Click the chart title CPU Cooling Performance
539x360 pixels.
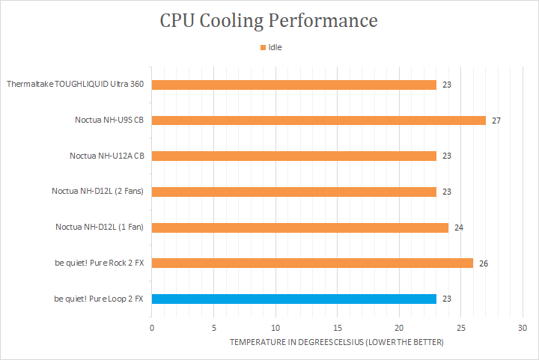pos(269,20)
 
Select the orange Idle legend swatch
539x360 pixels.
pos(263,47)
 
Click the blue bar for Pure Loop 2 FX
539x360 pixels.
pos(293,299)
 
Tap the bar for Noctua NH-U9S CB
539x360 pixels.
pos(318,120)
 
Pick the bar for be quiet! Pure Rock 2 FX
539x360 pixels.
pos(312,263)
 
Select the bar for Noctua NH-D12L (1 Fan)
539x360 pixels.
pos(299,228)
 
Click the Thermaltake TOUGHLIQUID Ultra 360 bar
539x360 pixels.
pos(293,85)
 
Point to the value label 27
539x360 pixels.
pos(496,120)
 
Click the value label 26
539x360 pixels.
pos(484,263)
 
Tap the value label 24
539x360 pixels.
pos(459,228)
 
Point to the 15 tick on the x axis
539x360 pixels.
pos(338,328)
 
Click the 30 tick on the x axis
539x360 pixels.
pos(523,328)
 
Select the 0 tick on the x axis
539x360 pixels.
pos(152,328)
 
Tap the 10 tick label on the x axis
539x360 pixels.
pos(275,328)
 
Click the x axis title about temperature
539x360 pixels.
pos(336,342)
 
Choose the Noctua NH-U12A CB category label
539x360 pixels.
pos(106,156)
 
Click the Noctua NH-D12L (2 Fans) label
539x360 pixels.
pos(97,192)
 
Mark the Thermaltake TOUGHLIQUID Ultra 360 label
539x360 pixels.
pos(75,85)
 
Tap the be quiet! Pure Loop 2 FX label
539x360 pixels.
pos(99,299)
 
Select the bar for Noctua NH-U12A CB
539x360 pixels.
pos(293,156)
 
